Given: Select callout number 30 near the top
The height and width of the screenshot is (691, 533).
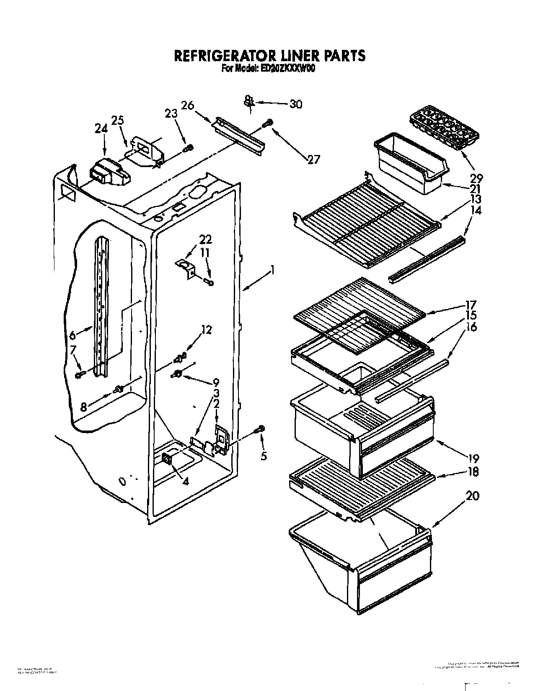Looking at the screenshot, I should coord(296,104).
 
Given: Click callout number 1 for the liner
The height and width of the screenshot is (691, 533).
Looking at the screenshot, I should coord(273,270).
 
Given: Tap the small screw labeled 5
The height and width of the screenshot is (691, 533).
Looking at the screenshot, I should coord(261,428).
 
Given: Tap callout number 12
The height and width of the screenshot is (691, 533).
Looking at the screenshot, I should coord(206,330).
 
